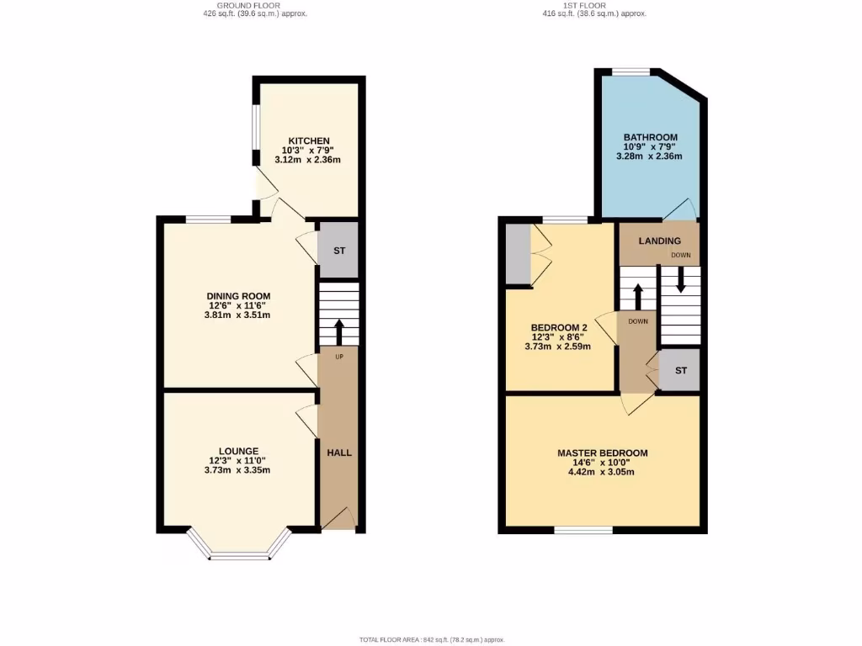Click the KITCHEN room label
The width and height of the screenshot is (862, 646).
(309, 140)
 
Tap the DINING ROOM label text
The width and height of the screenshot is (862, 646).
(237, 296)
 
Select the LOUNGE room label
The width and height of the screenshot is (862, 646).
(237, 451)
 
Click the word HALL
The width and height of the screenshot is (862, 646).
(339, 453)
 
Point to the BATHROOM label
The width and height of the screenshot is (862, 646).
(650, 137)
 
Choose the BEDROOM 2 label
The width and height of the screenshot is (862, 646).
(558, 327)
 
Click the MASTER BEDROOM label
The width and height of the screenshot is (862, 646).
(602, 453)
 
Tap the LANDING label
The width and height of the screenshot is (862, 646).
(659, 241)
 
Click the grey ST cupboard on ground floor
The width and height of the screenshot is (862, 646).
(339, 251)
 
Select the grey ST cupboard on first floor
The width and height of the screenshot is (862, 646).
(680, 371)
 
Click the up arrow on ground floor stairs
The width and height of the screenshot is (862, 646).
(339, 331)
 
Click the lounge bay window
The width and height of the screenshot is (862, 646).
(239, 554)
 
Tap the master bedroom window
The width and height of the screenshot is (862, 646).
(583, 530)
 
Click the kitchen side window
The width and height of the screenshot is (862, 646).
(256, 135)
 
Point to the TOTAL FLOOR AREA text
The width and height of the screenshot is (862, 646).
(430, 640)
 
